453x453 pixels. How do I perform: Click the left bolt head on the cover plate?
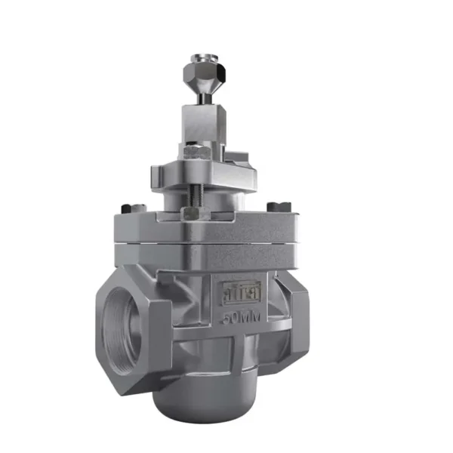pos(126,209)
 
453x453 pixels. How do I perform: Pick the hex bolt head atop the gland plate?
pos(190,154)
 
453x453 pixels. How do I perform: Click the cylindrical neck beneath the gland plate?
pos(226,198)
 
